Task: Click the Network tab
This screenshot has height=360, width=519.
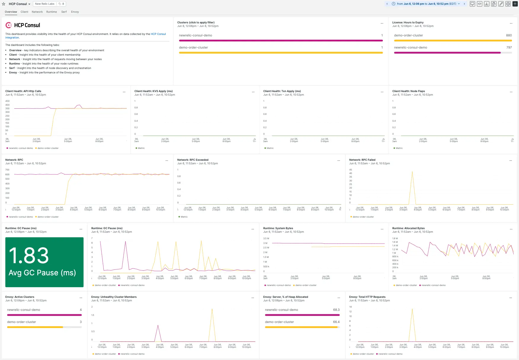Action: [37, 12]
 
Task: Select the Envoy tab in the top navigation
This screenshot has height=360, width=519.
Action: [75, 12]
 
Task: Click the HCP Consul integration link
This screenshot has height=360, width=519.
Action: [158, 34]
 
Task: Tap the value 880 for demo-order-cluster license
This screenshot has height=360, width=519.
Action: [509, 35]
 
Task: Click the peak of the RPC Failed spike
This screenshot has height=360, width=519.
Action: [412, 172]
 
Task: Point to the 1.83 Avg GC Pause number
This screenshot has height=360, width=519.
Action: [29, 256]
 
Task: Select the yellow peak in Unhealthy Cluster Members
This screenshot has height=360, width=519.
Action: [212, 309]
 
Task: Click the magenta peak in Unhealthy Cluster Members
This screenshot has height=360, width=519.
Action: [158, 325]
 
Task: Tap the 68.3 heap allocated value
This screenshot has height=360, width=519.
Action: [336, 310]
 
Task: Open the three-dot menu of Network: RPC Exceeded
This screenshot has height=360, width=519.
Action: [339, 160]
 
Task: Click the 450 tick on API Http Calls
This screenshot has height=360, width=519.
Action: [7, 101]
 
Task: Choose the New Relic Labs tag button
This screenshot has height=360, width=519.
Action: [45, 4]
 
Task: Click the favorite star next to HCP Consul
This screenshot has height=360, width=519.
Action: [4, 4]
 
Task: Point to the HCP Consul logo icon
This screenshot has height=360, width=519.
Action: [9, 25]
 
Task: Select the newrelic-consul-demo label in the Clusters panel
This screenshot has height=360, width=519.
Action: [196, 35]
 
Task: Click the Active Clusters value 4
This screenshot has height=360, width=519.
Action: [81, 310]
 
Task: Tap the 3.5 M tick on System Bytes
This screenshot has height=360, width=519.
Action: [266, 238]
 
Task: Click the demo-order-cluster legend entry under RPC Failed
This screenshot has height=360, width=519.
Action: [363, 217]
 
